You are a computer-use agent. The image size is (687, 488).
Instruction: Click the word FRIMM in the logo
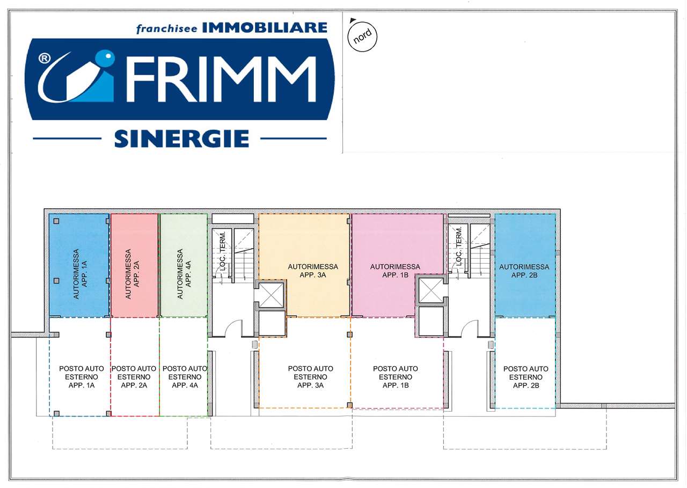click(221, 79)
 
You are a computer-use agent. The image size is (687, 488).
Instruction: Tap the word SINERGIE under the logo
click(181, 139)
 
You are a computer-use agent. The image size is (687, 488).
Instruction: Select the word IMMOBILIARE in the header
click(265, 27)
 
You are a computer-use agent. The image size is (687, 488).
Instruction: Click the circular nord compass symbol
click(362, 37)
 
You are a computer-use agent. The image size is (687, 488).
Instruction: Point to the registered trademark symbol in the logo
click(44, 58)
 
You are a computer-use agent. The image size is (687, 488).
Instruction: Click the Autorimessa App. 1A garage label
click(81, 274)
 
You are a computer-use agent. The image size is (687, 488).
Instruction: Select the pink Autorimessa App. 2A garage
click(134, 265)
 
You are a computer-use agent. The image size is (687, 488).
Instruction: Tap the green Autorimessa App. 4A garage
click(184, 265)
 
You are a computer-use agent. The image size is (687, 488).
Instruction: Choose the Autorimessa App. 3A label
click(313, 271)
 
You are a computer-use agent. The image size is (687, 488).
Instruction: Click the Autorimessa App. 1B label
click(395, 271)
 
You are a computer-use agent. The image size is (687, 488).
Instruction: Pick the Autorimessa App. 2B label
click(524, 271)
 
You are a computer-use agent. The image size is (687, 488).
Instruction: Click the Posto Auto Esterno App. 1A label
click(82, 377)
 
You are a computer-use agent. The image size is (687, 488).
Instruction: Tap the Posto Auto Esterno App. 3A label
click(310, 377)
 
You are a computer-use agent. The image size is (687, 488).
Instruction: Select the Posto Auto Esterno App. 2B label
click(525, 377)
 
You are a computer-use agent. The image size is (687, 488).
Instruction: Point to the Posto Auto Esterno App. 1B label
click(396, 377)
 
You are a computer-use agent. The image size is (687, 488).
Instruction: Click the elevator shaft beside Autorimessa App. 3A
click(272, 295)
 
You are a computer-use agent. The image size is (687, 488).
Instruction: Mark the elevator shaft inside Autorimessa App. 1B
click(431, 290)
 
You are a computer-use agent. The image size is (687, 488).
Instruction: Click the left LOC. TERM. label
click(223, 251)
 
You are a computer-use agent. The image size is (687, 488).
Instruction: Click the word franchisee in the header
click(167, 29)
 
